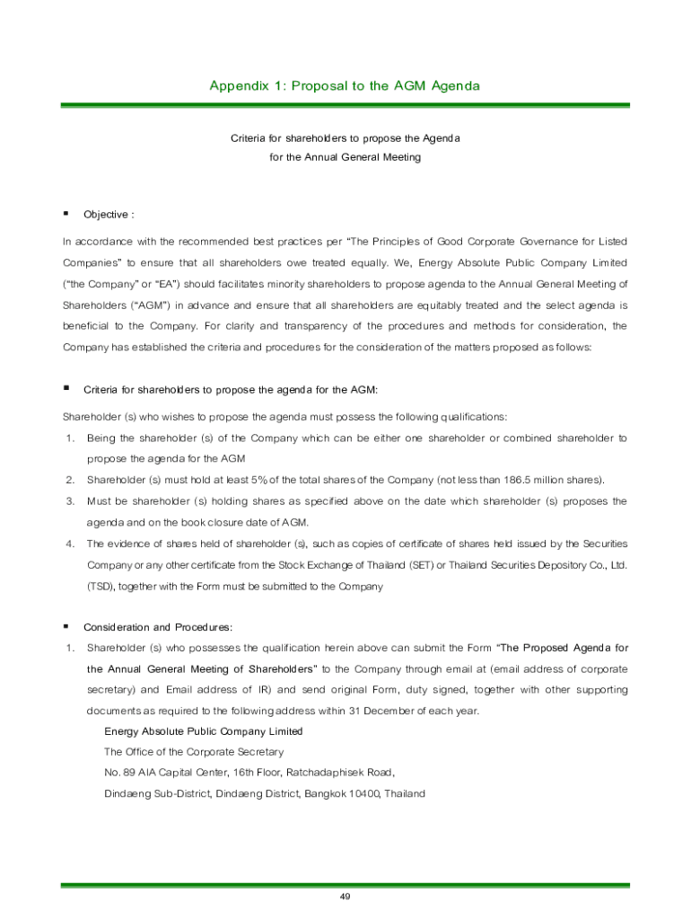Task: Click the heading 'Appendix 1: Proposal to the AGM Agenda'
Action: click(345, 86)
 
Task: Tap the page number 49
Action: click(345, 897)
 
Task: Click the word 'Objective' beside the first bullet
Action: click(106, 215)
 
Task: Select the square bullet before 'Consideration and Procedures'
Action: click(66, 625)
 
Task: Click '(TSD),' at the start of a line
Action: click(101, 587)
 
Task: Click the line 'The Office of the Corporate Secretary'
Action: click(194, 752)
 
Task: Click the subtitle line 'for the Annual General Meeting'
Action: click(345, 157)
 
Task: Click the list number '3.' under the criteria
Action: click(69, 501)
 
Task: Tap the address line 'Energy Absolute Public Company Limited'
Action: click(204, 731)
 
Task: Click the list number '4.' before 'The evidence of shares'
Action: click(69, 544)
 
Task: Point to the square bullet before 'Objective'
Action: click(66, 214)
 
